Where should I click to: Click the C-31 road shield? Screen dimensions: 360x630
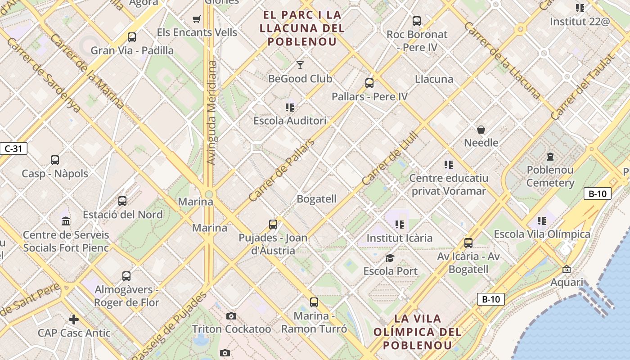point(14,148)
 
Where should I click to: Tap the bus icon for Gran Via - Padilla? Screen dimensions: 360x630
point(132,37)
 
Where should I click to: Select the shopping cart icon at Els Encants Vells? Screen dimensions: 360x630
point(196,19)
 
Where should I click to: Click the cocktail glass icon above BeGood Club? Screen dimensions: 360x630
point(300,65)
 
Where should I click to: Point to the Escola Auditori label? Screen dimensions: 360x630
point(289,121)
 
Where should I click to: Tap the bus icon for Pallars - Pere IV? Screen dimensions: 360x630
point(369,83)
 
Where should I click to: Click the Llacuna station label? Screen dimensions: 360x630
point(434,79)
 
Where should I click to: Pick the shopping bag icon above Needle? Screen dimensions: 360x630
point(481,130)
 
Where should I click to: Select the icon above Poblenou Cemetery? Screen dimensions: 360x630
point(550,157)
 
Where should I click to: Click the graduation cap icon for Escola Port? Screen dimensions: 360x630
point(390,258)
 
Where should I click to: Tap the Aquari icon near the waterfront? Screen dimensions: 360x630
point(567,269)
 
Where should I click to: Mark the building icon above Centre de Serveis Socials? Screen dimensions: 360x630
point(66,221)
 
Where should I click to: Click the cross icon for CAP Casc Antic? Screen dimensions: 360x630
point(74,319)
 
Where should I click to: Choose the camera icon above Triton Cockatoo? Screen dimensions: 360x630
point(231,316)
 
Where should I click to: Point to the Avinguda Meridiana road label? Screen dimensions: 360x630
point(211,112)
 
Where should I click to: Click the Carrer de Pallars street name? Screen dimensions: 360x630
point(281,171)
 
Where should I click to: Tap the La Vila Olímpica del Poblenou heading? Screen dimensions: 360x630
point(417,332)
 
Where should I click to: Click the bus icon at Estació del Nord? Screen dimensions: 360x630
point(122,201)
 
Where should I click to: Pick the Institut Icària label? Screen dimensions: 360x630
point(399,238)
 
